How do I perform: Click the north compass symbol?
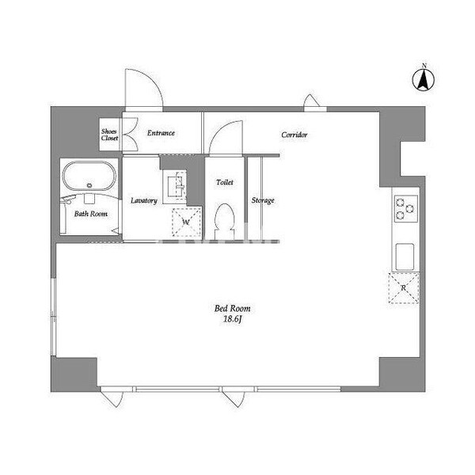click(424, 78)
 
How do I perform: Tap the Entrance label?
click(161, 133)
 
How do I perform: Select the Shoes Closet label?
click(109, 135)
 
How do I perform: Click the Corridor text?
click(294, 135)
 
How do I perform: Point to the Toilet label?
click(225, 183)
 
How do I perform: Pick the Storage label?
click(263, 200)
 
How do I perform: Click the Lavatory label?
click(144, 200)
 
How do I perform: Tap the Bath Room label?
click(90, 214)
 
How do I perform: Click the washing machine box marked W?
click(186, 221)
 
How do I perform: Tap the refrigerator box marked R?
click(403, 287)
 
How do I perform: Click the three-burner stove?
click(405, 207)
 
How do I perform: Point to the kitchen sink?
click(404, 256)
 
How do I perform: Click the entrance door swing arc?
click(144, 88)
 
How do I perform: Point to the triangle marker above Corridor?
click(311, 101)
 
